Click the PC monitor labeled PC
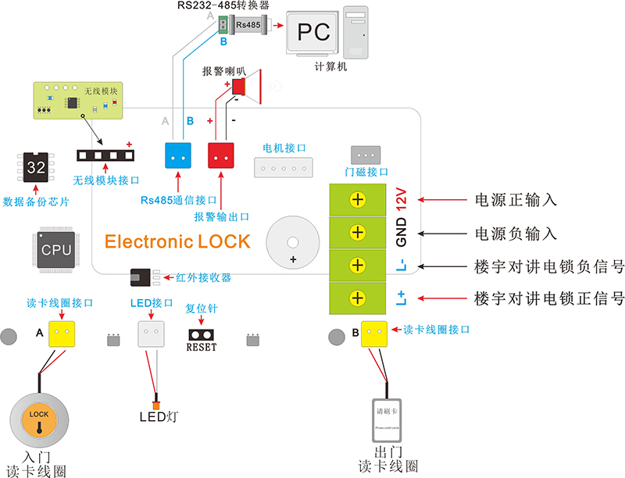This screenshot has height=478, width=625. [x=312, y=32]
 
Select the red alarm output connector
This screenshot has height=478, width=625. [x=221, y=155]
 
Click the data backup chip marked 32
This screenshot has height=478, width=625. [x=36, y=167]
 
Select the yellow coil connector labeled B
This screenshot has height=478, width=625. [x=374, y=334]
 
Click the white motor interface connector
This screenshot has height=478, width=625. [x=283, y=166]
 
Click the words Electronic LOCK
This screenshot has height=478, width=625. [x=177, y=241]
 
